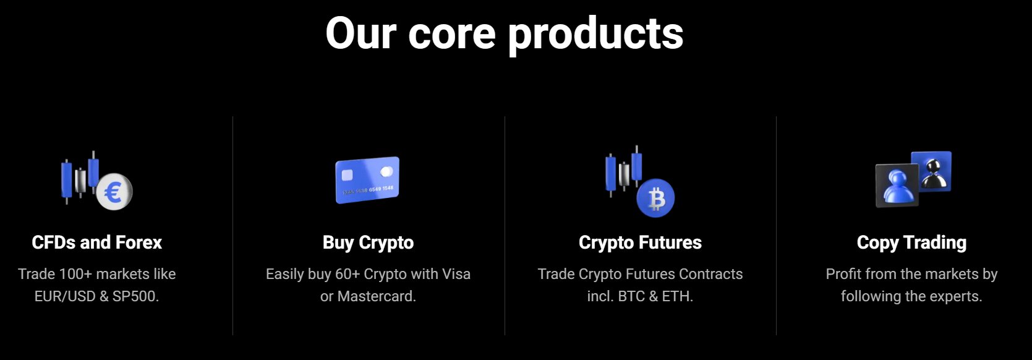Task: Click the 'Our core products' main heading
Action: click(x=504, y=33)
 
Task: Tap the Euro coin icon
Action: click(x=114, y=192)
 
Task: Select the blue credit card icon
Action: click(x=367, y=180)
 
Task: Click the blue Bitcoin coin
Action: click(x=655, y=198)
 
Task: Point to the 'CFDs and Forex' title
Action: click(x=96, y=242)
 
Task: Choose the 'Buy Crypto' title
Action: click(x=368, y=243)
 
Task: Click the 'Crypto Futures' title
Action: click(x=641, y=243)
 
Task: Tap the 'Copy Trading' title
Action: click(x=912, y=243)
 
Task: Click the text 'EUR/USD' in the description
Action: click(x=65, y=296)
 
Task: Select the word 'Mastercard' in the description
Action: click(x=377, y=296)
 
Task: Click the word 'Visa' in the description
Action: click(x=456, y=274)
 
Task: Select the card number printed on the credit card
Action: click(x=368, y=190)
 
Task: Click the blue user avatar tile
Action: click(x=897, y=186)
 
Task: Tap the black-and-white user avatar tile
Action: click(x=932, y=171)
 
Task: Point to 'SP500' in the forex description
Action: click(x=135, y=296)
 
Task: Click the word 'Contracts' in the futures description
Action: click(x=711, y=274)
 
